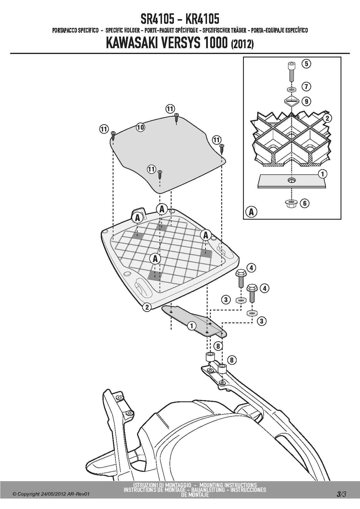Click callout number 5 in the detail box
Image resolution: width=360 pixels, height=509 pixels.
[306, 64]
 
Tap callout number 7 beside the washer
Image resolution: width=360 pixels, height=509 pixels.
[306, 86]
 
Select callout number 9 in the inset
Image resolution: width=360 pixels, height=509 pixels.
[306, 101]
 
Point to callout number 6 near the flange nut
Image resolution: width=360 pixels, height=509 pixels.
[305, 203]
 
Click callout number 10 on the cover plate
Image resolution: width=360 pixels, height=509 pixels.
[140, 127]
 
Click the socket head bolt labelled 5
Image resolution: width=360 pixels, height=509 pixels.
[291, 71]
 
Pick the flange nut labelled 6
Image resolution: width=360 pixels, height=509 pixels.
[291, 203]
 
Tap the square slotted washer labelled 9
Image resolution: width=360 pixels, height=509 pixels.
[291, 101]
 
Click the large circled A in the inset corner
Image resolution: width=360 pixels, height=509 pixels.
[251, 212]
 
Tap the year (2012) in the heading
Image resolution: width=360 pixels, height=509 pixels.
[242, 44]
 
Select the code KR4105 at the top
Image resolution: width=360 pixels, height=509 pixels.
[202, 19]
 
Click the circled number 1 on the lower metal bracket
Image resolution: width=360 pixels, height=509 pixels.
[191, 326]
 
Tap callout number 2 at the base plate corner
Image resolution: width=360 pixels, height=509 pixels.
[147, 307]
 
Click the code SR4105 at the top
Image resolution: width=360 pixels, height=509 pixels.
[158, 19]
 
